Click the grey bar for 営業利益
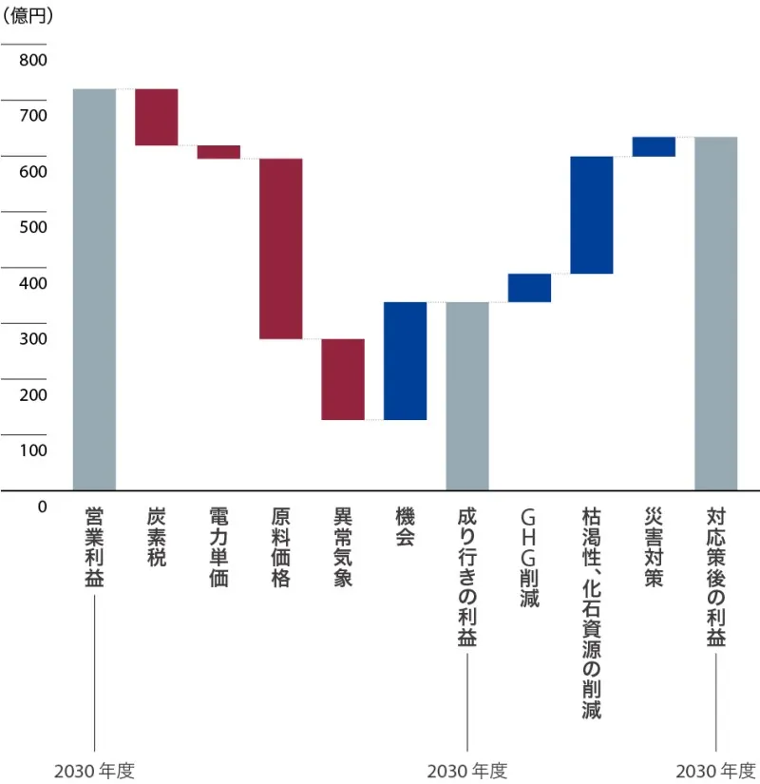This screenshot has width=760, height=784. [94, 289]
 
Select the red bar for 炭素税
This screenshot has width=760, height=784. [156, 117]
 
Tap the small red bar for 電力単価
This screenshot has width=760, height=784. [218, 152]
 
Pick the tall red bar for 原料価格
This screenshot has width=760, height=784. [281, 248]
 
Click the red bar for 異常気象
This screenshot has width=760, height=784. [343, 379]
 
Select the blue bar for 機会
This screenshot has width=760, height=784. [405, 360]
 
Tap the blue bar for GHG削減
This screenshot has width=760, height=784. [529, 288]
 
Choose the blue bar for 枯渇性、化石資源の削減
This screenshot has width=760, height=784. [591, 215]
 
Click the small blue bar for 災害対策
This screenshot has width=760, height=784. [654, 146]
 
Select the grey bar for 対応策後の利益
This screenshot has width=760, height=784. [715, 314]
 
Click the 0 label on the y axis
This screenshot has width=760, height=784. [42, 507]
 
